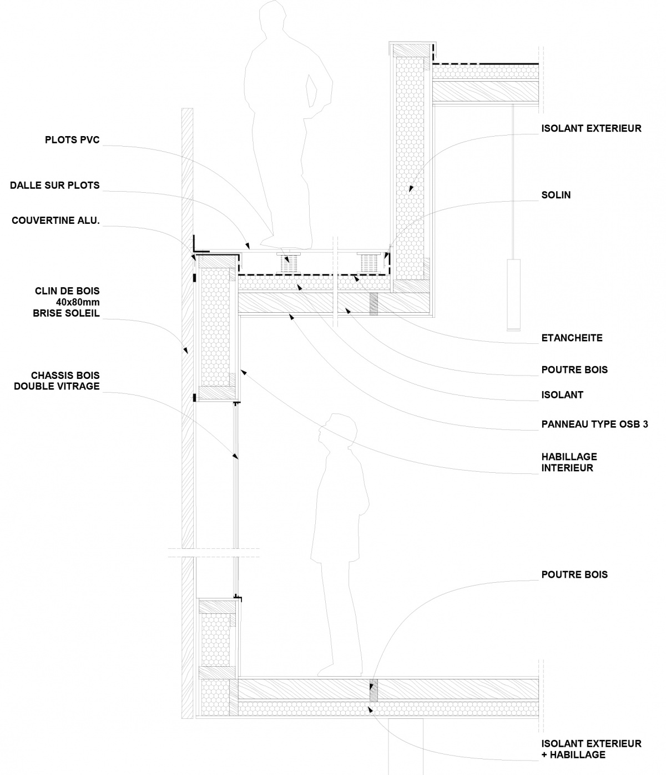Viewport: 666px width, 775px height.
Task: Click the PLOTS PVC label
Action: (x=72, y=139)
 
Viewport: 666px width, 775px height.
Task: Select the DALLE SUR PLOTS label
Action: (x=55, y=185)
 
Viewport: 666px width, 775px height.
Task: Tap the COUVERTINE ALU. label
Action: (x=56, y=221)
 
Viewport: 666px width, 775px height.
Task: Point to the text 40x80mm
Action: (x=78, y=302)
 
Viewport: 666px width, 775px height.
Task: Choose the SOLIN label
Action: (x=556, y=195)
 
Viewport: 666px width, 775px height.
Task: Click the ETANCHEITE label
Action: (x=572, y=337)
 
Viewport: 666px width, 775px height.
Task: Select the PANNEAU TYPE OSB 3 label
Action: (x=594, y=424)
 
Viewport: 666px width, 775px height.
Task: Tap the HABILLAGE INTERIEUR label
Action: (x=569, y=462)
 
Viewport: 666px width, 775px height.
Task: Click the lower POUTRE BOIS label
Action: (x=574, y=574)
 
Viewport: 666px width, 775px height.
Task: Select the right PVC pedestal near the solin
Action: (x=367, y=262)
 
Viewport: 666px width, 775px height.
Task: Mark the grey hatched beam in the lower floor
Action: (x=374, y=691)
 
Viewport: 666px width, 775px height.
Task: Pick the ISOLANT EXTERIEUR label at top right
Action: (x=591, y=128)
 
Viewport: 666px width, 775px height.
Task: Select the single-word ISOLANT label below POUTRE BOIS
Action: (x=562, y=395)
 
